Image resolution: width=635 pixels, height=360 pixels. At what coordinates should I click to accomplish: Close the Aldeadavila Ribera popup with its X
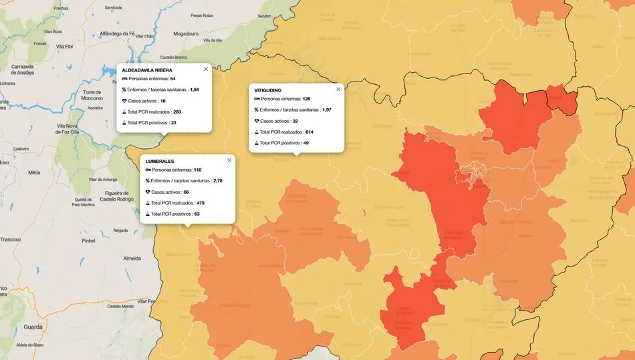point(206,69)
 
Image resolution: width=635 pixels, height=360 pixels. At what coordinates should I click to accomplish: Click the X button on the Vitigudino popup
point(338,89)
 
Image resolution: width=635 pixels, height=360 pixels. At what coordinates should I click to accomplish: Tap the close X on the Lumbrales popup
point(229,160)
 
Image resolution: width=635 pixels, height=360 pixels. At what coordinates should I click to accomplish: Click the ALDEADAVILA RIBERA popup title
point(147,70)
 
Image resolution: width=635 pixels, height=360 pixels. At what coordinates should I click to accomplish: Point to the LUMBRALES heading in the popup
point(160,161)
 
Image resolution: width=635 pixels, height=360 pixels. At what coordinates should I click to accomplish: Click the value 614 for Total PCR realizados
point(309,132)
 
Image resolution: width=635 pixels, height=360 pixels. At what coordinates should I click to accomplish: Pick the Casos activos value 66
point(186,192)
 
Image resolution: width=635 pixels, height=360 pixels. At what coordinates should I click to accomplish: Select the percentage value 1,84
point(195,89)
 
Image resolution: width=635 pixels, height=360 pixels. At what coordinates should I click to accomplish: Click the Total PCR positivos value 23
point(173,123)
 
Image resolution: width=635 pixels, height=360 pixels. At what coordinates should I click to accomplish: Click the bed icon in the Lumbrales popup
point(148,170)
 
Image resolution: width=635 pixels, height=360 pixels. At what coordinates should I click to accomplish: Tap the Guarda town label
point(33,327)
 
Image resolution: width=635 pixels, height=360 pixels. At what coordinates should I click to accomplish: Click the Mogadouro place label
point(186,32)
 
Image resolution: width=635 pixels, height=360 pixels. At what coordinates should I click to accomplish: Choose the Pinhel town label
point(88,240)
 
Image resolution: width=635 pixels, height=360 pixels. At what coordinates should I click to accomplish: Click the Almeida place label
point(132,258)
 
